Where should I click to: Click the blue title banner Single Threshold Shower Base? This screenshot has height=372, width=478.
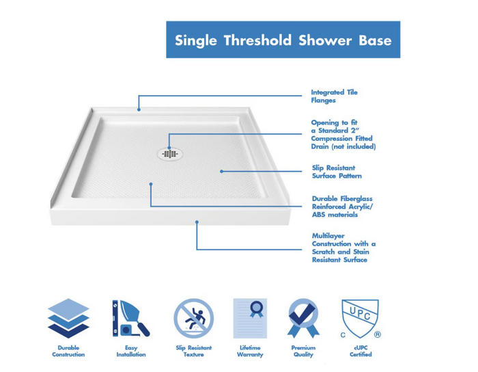(283, 40)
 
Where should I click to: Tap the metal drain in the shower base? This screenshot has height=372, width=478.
(169, 153)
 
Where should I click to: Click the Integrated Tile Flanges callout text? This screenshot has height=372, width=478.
(334, 96)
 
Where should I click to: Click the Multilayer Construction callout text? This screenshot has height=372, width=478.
(343, 248)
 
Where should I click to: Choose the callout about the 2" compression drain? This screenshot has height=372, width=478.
(343, 135)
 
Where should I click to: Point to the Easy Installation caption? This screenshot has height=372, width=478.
(131, 351)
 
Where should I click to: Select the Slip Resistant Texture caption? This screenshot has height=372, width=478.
(193, 351)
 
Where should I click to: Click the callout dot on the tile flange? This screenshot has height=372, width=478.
(139, 109)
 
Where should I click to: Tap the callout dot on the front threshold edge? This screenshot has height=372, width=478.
(197, 222)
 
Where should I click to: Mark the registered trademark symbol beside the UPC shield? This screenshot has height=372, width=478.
(377, 335)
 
